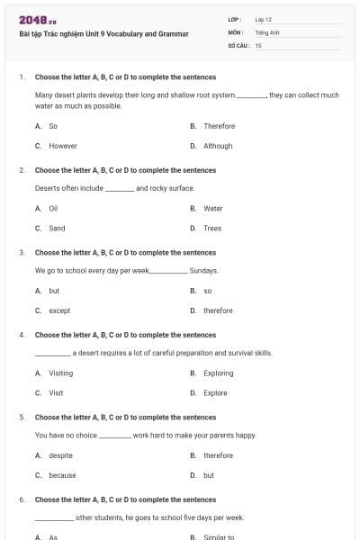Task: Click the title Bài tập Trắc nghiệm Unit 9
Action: click(103, 34)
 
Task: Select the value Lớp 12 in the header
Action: click(263, 19)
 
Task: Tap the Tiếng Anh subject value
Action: click(266, 31)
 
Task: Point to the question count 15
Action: click(258, 44)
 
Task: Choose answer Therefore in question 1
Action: click(219, 126)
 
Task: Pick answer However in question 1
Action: click(63, 146)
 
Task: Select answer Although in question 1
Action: click(218, 146)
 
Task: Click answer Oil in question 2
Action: click(53, 208)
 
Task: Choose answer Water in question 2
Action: click(212, 208)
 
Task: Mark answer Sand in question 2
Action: click(57, 229)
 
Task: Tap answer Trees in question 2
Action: click(212, 229)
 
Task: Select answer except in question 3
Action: click(59, 310)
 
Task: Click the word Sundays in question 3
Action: click(204, 270)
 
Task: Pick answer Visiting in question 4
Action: click(61, 373)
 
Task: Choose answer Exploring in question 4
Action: click(219, 373)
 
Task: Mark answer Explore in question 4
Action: click(215, 393)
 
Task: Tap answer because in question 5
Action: click(62, 475)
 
